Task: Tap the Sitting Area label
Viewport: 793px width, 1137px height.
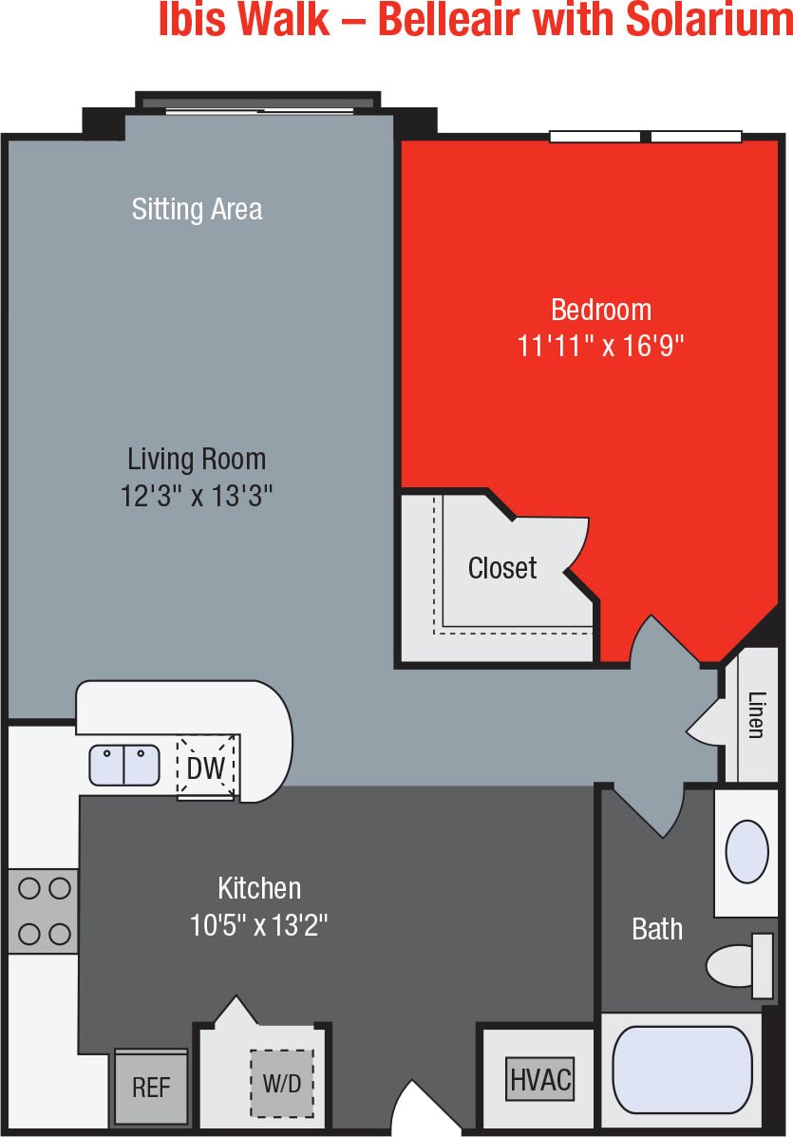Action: [197, 209]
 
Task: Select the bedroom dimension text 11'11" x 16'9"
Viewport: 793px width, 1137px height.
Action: [600, 346]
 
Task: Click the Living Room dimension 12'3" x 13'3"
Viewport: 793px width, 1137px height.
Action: [197, 496]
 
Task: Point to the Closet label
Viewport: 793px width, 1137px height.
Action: [502, 568]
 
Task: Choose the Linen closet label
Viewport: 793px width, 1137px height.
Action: [756, 714]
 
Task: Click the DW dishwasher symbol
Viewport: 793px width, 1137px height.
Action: [206, 767]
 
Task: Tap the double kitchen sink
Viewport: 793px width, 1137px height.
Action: [124, 766]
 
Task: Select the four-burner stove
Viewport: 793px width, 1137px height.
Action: [44, 911]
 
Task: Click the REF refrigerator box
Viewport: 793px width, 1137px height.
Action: [151, 1088]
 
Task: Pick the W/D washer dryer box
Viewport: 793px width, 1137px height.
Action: [282, 1084]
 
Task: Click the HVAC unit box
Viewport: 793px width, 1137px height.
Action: [540, 1079]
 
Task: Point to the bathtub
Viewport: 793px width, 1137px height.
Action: [682, 1071]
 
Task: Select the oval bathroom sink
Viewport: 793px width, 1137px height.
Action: [746, 851]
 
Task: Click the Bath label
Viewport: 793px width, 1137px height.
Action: [657, 928]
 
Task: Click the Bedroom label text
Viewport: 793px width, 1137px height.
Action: [600, 310]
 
